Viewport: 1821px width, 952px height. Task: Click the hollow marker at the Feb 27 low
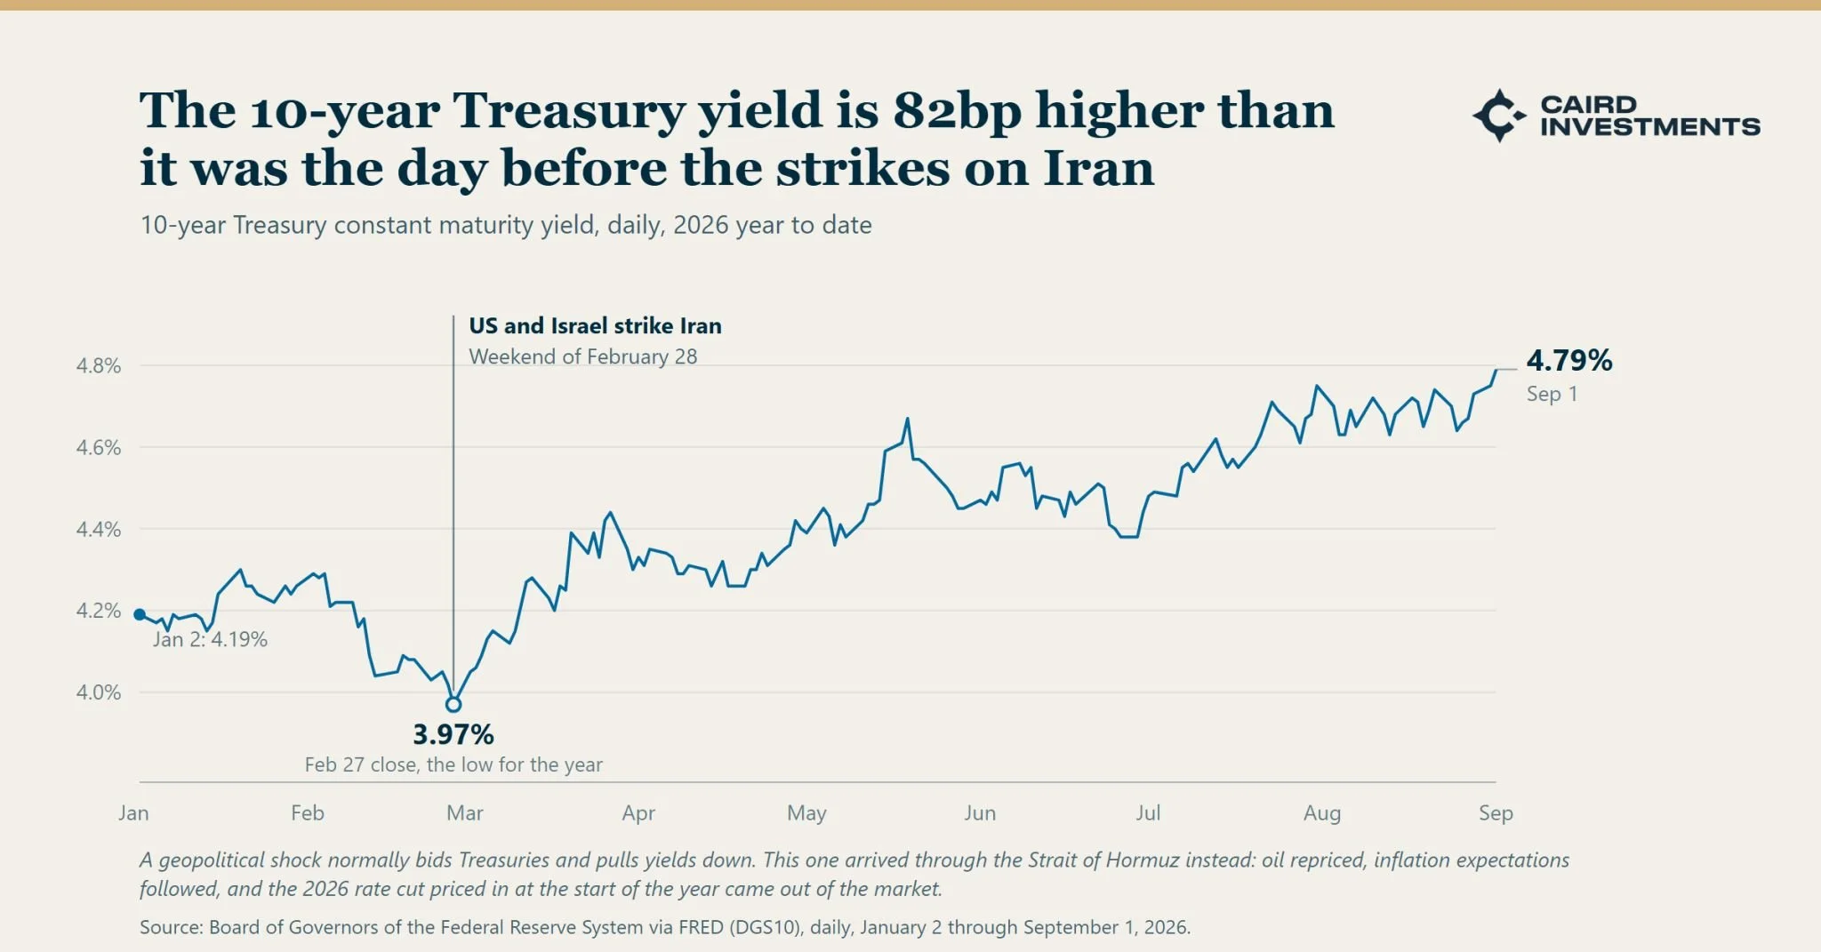tap(453, 705)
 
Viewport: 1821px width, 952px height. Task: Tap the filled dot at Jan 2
tap(140, 614)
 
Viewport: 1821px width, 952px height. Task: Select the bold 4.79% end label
tap(1569, 360)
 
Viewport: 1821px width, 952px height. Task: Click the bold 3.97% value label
tap(453, 734)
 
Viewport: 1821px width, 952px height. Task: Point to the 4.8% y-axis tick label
tap(98, 365)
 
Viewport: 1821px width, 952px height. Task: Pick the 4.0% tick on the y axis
tap(98, 692)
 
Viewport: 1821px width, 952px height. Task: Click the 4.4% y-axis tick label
tap(98, 529)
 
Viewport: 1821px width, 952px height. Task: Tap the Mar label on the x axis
tap(465, 812)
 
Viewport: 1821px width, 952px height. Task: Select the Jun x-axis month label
tap(980, 812)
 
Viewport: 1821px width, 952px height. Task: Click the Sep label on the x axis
tap(1496, 812)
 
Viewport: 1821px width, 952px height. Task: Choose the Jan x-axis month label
tap(133, 812)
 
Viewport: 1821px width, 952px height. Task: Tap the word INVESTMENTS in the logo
tap(1650, 127)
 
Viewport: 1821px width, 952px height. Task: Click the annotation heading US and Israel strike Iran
tap(595, 325)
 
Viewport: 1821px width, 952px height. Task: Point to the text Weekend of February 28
tap(583, 356)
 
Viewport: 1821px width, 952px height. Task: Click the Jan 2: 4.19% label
tap(210, 639)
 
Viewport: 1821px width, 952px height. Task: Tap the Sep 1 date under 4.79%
tap(1552, 394)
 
